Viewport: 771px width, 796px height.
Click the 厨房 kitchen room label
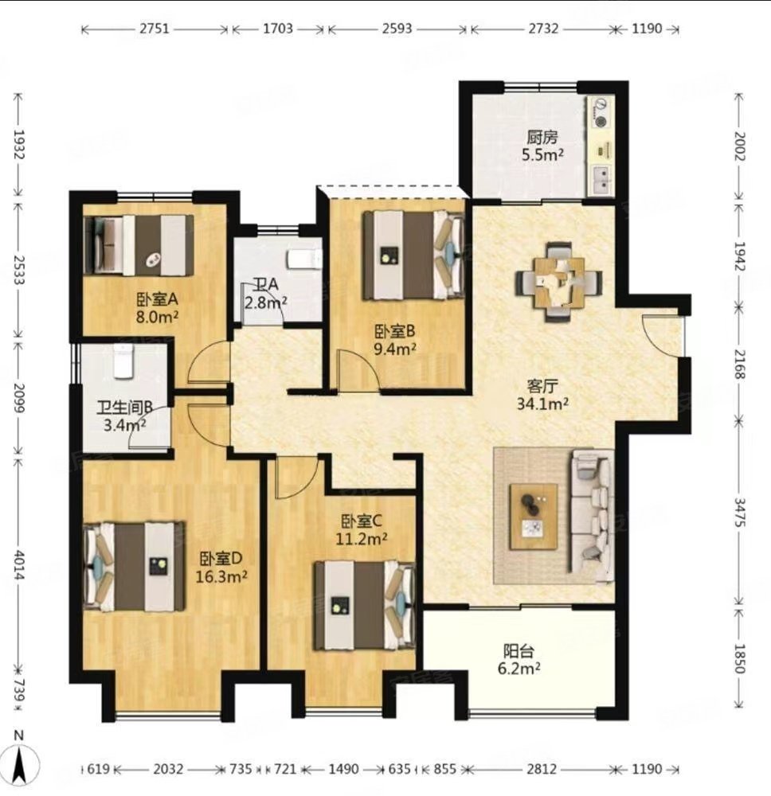[x=542, y=137]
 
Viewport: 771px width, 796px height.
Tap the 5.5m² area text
[x=542, y=154]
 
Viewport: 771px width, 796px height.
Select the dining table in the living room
[x=559, y=282]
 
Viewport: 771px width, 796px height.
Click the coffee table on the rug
[x=534, y=517]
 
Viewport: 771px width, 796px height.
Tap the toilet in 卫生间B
[x=123, y=361]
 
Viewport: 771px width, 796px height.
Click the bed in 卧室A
[x=139, y=244]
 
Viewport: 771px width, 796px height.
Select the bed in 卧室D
[x=134, y=566]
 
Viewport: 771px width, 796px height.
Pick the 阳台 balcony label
[x=519, y=651]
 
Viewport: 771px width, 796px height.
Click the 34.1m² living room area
[x=542, y=404]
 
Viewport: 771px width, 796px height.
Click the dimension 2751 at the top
[x=155, y=29]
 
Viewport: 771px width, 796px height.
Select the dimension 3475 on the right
[x=739, y=513]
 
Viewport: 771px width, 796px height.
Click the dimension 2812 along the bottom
[x=542, y=769]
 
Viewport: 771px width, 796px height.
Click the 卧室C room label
[x=361, y=521]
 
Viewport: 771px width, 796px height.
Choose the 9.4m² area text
[x=395, y=349]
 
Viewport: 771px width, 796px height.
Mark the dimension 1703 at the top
[x=278, y=29]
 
